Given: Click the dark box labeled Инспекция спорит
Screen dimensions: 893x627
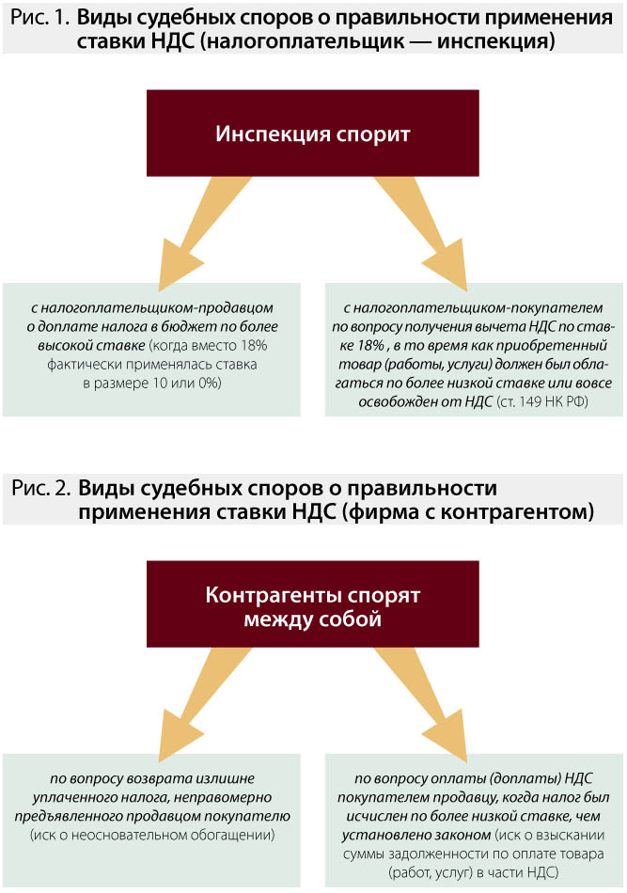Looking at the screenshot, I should pos(313,133).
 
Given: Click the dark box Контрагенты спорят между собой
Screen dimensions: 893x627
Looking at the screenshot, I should pos(313,607).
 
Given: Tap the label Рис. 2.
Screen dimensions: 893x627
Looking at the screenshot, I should pos(41,489).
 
